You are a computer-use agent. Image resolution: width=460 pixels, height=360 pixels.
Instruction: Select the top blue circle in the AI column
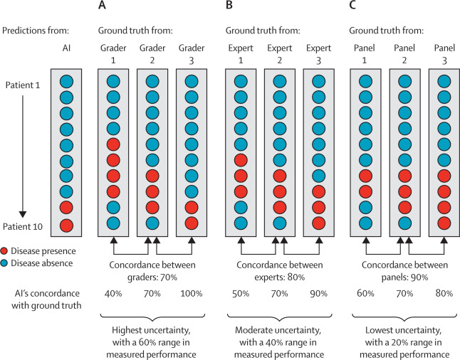tap(66, 81)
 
